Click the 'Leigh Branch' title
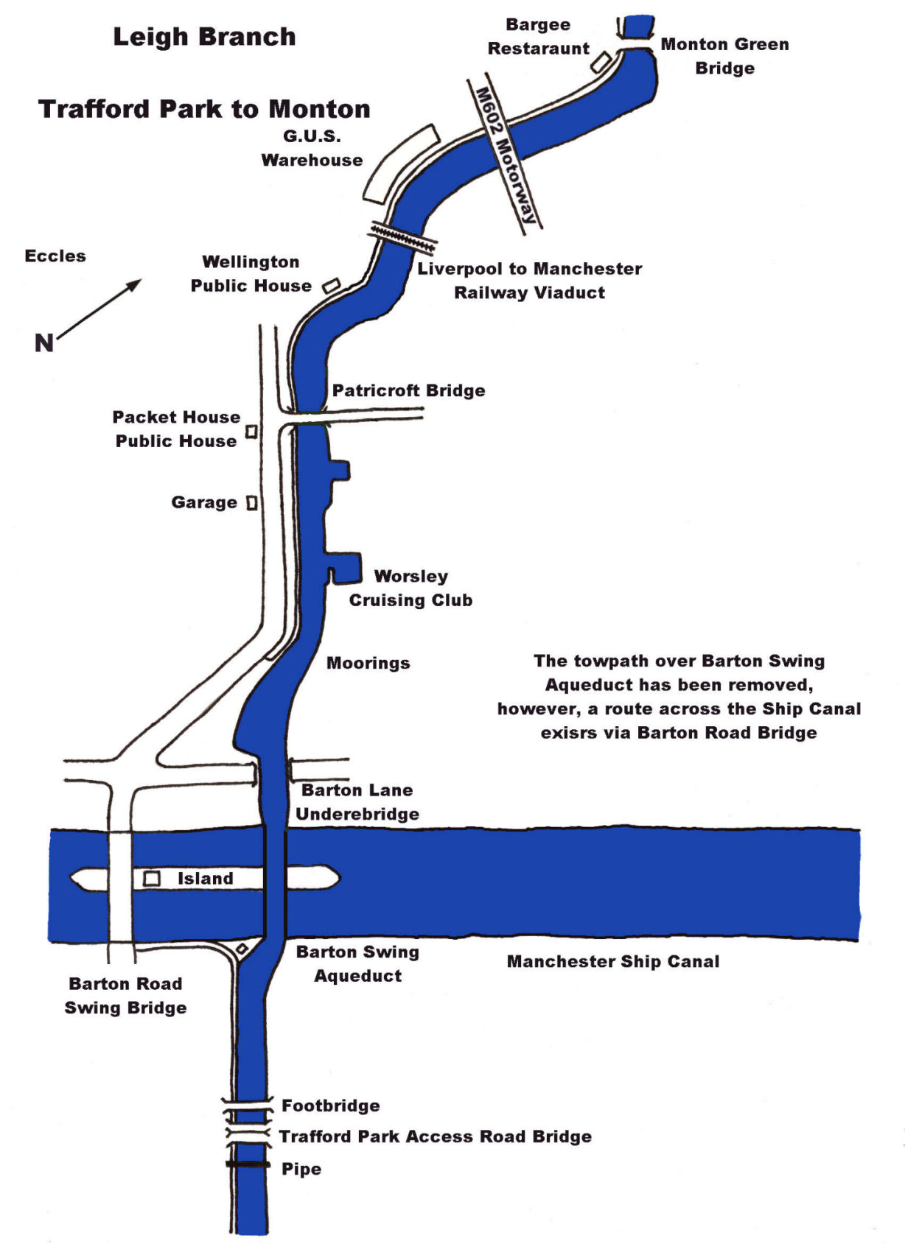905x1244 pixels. point(204,37)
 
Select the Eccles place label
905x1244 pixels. point(55,256)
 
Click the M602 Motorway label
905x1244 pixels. point(505,155)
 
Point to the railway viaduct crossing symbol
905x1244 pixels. point(403,237)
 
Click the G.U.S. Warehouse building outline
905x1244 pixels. point(400,164)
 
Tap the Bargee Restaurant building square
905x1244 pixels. point(601,62)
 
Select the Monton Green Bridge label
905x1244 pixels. point(724,56)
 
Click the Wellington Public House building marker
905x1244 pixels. point(332,285)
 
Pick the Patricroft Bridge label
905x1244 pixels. point(408,390)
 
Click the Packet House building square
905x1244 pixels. point(251,431)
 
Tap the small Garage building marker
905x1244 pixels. point(251,503)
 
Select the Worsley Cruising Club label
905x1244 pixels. point(410,588)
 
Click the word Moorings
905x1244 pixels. point(368,663)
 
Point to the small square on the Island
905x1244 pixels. point(152,879)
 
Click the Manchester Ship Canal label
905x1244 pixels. point(612,961)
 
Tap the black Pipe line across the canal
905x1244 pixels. point(248,1164)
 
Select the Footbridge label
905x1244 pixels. point(331,1106)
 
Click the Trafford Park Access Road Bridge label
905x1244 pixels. point(435,1136)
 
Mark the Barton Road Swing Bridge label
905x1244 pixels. point(125,995)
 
